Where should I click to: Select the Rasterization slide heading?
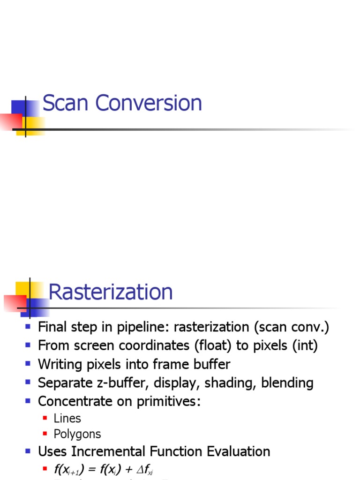point(111,292)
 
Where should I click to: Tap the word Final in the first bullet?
point(52,327)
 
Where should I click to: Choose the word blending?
point(287,383)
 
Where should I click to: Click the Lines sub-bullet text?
point(67,418)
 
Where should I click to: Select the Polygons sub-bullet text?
point(77,434)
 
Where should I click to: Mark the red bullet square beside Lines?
point(45,418)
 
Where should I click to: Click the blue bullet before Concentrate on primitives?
point(28,401)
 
